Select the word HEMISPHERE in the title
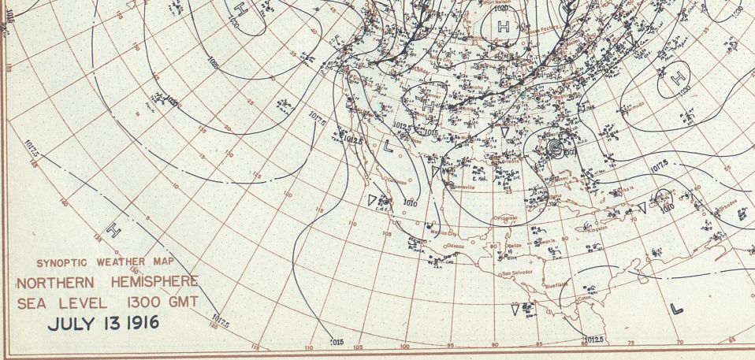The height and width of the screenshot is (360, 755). point(152,283)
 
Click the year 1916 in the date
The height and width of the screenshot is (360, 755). point(139,323)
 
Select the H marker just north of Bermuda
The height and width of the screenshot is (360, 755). point(676,78)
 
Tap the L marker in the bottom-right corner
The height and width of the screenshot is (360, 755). point(675,308)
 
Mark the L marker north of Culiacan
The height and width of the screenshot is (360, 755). point(388,146)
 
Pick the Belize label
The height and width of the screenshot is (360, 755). point(517,247)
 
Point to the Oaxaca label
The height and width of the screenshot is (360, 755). point(456,247)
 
